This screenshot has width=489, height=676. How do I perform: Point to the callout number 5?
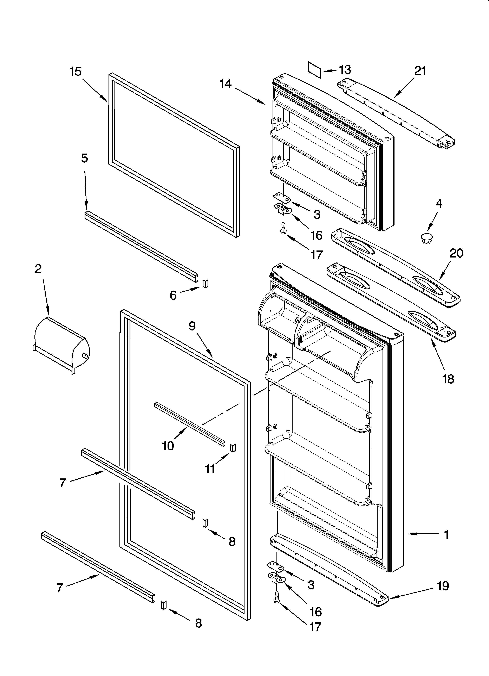[x=85, y=158]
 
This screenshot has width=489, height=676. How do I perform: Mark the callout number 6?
[x=173, y=295]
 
